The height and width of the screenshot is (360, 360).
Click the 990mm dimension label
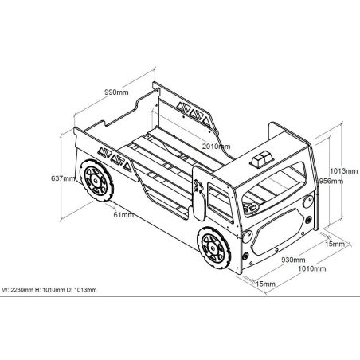tap(116, 92)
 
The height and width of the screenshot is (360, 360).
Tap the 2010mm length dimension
tap(216, 146)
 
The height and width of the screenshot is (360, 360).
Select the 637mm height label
tap(63, 178)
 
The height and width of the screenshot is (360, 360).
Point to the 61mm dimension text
tap(123, 214)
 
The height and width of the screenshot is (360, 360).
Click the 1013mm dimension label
tap(344, 170)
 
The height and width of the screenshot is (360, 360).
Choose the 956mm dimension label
tap(331, 181)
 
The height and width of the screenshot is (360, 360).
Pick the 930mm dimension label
tap(293, 260)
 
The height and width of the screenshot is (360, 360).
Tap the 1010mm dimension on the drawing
tap(312, 268)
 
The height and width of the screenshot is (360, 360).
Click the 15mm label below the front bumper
tap(265, 284)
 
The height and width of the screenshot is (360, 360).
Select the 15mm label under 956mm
tap(335, 244)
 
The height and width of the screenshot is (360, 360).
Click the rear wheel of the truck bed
tap(96, 180)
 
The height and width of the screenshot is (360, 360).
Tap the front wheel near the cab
tap(213, 248)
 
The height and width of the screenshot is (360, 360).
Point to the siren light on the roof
tap(261, 159)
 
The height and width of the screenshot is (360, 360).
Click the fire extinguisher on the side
tap(199, 201)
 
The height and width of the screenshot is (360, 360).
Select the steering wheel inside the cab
tap(250, 206)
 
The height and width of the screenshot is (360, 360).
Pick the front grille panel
tap(278, 231)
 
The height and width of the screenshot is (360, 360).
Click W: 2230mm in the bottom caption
tap(18, 290)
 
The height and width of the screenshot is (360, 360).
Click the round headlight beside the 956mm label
tap(308, 202)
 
